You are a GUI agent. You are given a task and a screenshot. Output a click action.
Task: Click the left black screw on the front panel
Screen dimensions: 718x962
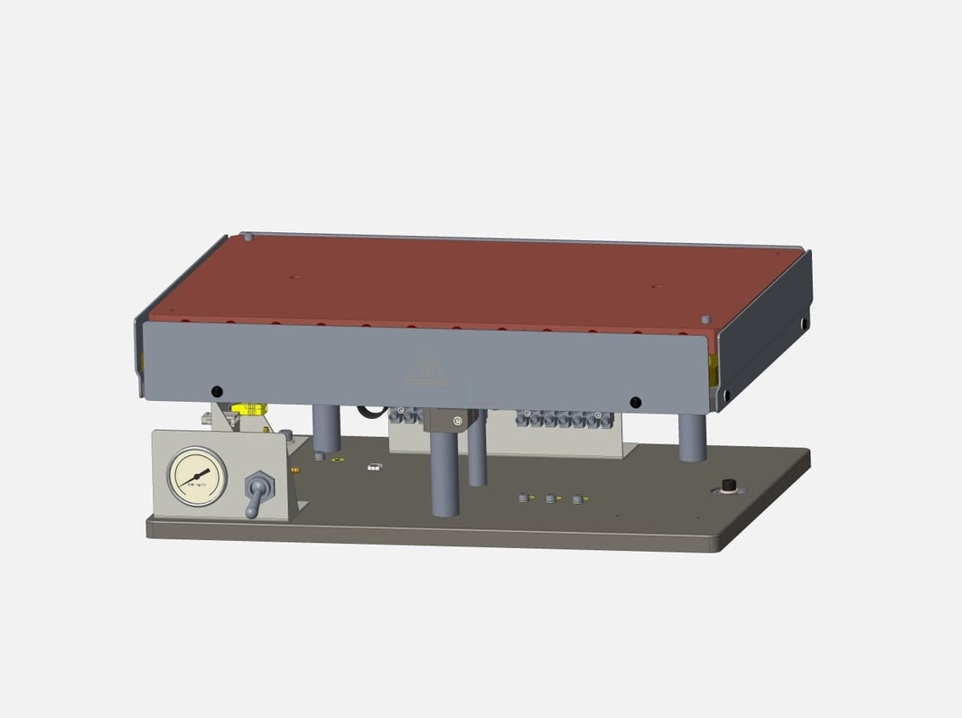click(x=216, y=391)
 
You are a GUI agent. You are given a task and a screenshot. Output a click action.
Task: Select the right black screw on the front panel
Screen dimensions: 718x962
click(x=635, y=401)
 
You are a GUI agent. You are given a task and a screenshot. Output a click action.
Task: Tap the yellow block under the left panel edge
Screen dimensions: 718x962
click(x=251, y=408)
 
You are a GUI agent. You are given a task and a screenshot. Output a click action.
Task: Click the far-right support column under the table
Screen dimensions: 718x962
click(x=693, y=437)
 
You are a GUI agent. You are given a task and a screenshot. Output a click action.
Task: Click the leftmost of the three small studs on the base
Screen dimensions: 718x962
click(x=523, y=498)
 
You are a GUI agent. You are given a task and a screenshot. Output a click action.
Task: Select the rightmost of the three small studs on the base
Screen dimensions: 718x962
click(x=577, y=499)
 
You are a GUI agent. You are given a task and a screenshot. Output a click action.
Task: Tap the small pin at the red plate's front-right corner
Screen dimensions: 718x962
click(x=705, y=318)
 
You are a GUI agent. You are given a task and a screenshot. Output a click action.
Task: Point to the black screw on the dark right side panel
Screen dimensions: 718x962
click(x=803, y=322)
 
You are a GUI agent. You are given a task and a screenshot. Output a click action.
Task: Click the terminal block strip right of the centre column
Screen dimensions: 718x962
click(x=565, y=419)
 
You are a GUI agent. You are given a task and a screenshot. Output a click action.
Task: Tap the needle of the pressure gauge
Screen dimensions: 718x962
click(x=201, y=475)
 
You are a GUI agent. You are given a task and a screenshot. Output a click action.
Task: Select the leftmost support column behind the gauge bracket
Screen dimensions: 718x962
click(x=326, y=427)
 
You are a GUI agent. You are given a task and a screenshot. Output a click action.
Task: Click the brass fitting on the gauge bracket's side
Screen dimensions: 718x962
click(x=294, y=470)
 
